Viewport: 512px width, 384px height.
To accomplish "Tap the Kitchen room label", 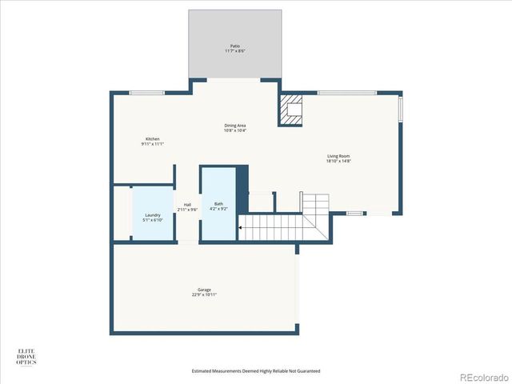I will [152, 139].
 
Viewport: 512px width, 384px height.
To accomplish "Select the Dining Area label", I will [234, 125].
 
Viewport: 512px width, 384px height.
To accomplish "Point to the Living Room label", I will [338, 156].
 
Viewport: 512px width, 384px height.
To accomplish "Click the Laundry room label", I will [152, 215].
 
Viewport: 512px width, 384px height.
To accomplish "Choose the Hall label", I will [187, 205].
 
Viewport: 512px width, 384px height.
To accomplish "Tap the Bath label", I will [218, 204].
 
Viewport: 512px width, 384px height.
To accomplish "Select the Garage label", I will [204, 290].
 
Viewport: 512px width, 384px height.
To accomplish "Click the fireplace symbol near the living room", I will [292, 111].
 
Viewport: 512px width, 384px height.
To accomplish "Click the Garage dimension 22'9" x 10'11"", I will [204, 294].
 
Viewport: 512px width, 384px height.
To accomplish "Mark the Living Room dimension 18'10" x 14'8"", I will [338, 161].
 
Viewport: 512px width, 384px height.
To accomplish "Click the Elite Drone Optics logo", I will [27, 357].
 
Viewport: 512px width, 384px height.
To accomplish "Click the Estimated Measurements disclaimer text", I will [256, 371].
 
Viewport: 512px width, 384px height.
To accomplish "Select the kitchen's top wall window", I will [147, 93].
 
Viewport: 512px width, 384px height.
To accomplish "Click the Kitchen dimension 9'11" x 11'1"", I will [152, 144].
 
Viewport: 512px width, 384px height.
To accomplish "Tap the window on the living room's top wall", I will [347, 93].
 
